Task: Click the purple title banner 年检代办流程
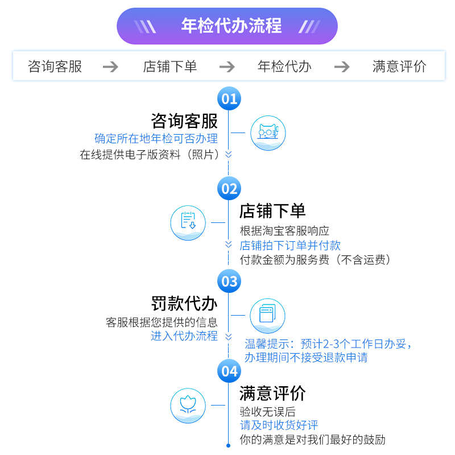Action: [227, 26]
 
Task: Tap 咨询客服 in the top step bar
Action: [55, 67]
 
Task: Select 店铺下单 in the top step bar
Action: [169, 67]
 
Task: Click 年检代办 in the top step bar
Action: [284, 67]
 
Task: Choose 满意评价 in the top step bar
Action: [399, 67]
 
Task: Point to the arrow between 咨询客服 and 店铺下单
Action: [110, 67]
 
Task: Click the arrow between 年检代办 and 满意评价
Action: [341, 67]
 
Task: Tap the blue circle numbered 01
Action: [229, 99]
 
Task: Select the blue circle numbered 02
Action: [229, 188]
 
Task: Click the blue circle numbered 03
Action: [229, 281]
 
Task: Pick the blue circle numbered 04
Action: [229, 371]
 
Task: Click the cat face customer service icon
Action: [268, 133]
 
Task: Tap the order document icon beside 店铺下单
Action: [188, 222]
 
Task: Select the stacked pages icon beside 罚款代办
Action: [267, 315]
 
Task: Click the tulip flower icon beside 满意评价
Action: [188, 406]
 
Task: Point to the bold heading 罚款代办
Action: [184, 303]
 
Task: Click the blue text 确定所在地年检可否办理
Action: [156, 138]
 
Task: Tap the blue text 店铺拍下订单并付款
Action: [290, 245]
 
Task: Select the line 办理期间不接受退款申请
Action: [305, 358]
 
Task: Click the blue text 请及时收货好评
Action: [279, 425]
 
